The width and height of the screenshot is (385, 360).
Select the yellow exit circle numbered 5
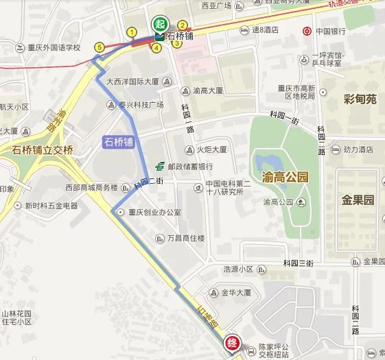tap(100, 47)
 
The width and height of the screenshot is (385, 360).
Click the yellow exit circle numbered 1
tap(131, 32)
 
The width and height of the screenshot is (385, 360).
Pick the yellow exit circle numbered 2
tap(183, 25)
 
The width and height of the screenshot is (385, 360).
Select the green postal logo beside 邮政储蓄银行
tap(159, 166)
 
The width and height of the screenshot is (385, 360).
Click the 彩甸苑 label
tap(360, 99)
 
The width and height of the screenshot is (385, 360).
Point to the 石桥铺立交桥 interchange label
tap(43, 149)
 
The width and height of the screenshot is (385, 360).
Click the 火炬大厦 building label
tap(211, 149)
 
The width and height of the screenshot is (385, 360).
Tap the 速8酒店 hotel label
tap(264, 29)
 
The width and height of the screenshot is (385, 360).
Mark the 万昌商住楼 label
tap(186, 238)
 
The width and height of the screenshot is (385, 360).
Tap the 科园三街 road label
tap(299, 263)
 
